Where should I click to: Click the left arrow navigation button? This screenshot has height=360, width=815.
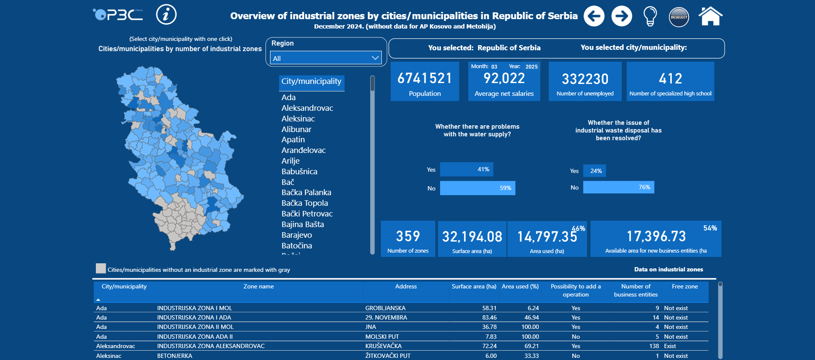[594, 16]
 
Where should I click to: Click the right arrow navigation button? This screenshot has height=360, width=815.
[622, 16]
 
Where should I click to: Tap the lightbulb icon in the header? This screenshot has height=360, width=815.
[650, 17]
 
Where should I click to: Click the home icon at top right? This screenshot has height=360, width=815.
[710, 17]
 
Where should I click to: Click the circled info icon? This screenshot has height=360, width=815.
[166, 15]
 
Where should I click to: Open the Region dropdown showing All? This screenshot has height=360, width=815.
[326, 58]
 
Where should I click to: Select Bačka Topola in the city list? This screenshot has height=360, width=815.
[305, 203]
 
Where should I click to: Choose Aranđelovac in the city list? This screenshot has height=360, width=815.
[303, 150]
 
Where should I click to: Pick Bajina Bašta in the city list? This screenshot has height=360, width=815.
[302, 225]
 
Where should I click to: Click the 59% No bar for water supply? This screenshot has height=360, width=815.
[477, 188]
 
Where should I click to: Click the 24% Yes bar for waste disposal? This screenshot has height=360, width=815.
[594, 171]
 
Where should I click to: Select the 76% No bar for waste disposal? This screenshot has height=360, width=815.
[618, 187]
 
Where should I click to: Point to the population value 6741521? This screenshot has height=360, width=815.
[424, 78]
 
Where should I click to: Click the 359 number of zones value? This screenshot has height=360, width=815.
[408, 236]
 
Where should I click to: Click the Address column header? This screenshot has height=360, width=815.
[406, 287]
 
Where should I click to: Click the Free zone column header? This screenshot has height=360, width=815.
[685, 287]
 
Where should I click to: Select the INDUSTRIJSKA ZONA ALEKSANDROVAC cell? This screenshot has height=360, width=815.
[211, 346]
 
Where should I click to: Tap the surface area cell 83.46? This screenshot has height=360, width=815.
[489, 317]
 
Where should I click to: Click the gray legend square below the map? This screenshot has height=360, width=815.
[101, 268]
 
